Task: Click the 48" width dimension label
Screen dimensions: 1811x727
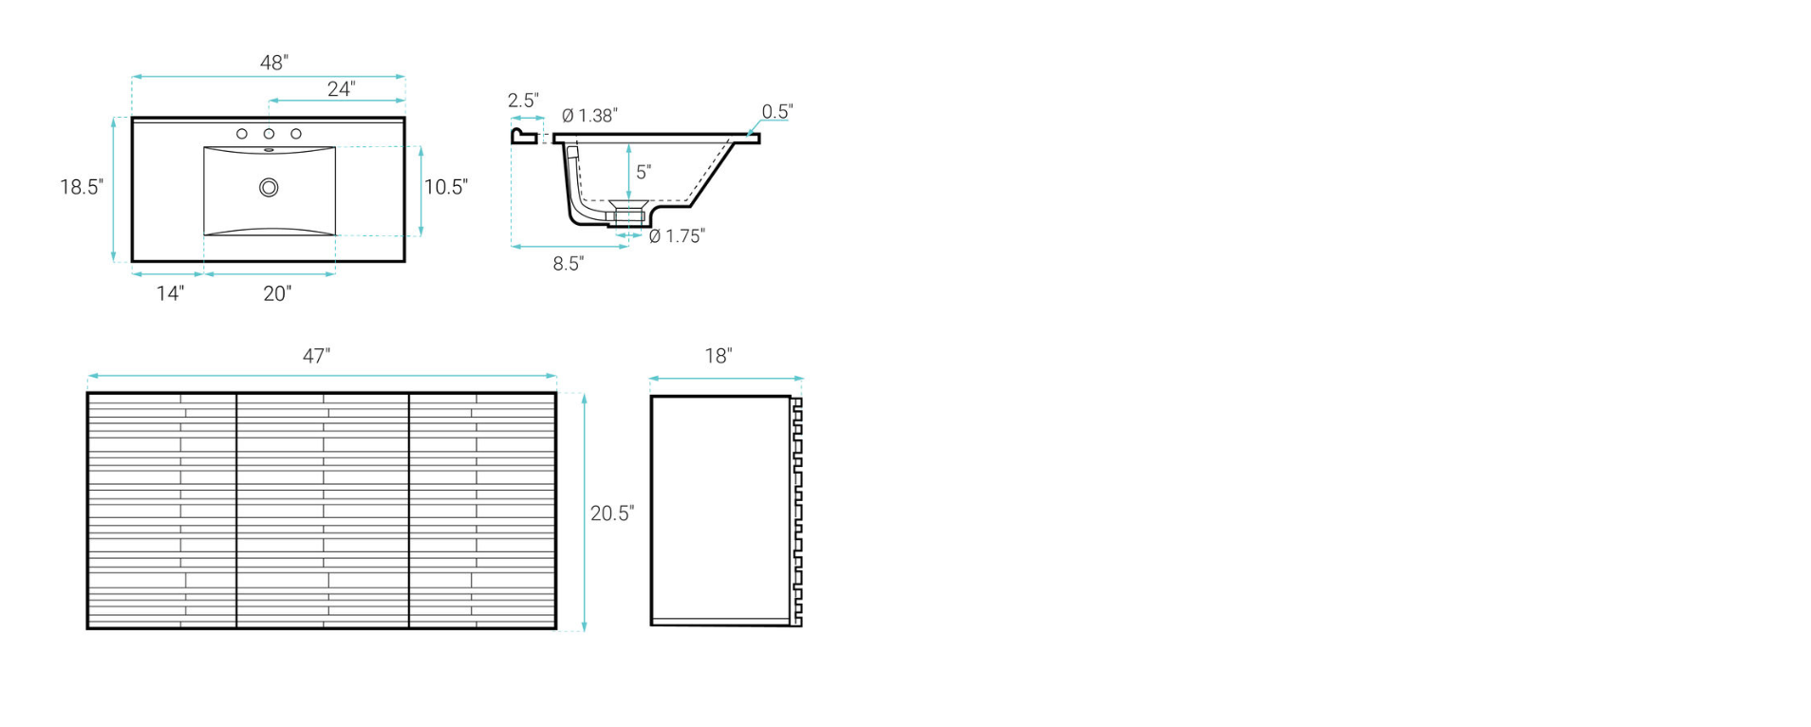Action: (x=274, y=63)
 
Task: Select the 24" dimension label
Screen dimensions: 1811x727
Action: (x=342, y=89)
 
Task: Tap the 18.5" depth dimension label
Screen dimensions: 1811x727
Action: (x=82, y=187)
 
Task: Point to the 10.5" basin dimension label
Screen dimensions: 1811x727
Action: (x=446, y=187)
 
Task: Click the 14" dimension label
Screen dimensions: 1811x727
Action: (x=170, y=293)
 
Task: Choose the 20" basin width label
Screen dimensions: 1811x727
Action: (x=277, y=294)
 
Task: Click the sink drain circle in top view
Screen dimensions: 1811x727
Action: (x=269, y=188)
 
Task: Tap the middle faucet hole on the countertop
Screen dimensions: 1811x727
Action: (x=269, y=134)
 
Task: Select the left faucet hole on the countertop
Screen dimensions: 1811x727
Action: (x=242, y=134)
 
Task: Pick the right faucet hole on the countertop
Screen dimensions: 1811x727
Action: (x=296, y=134)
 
